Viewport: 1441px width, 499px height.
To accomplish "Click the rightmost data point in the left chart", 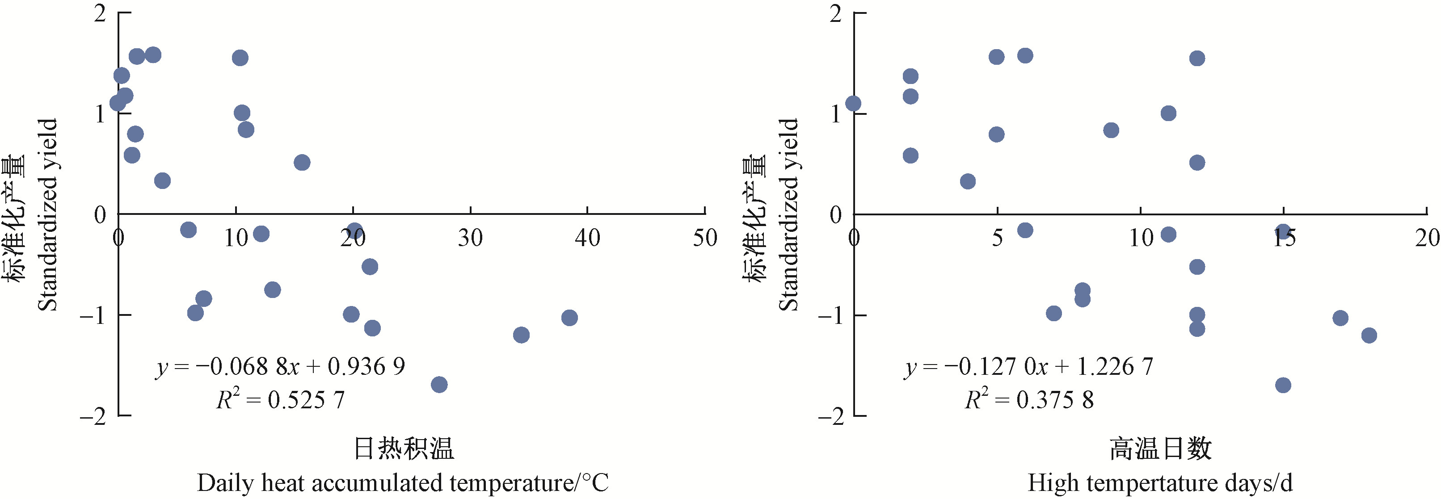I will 569,318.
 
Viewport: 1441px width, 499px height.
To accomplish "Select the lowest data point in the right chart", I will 1283,385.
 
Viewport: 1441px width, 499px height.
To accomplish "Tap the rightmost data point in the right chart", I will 1369,335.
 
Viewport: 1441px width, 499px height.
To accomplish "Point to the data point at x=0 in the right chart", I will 853,104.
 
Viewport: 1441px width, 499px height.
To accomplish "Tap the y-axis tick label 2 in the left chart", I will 100,13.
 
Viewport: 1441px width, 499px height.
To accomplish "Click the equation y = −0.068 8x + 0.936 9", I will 280,367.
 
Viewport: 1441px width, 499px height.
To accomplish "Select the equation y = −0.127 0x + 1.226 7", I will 1028,367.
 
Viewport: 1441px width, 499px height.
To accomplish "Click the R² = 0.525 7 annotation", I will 280,399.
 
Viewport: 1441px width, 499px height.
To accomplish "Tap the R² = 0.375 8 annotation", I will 1029,399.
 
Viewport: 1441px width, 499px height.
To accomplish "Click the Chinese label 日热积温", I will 404,449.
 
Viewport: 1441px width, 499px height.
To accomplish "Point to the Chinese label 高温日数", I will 1160,449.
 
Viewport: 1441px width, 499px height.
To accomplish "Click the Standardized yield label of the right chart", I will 789,214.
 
